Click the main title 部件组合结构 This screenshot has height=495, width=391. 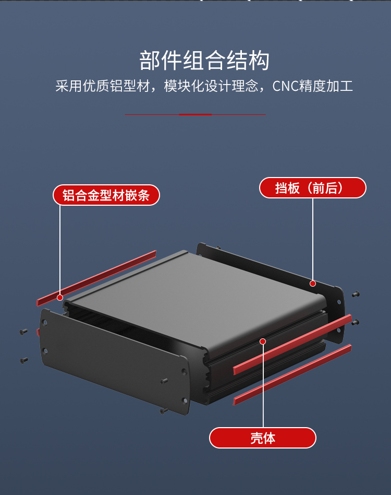click(x=204, y=61)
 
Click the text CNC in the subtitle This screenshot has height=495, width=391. click(x=286, y=86)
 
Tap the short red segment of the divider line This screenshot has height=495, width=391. click(x=195, y=114)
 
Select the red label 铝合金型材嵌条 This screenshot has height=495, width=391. click(x=106, y=195)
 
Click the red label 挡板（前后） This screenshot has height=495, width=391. click(x=312, y=188)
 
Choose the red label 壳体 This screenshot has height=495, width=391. click(x=263, y=438)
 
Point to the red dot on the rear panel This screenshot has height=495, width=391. click(x=313, y=284)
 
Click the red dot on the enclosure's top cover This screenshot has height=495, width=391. click(x=263, y=341)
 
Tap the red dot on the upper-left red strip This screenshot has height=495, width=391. click(x=60, y=297)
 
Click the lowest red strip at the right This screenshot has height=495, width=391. click(x=292, y=374)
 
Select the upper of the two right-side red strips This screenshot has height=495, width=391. click(x=292, y=345)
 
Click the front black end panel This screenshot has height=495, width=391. click(x=112, y=360)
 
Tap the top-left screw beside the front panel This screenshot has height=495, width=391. click(x=23, y=331)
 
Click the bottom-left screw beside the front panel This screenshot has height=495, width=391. click(x=23, y=360)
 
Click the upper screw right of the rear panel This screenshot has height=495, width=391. click(x=356, y=294)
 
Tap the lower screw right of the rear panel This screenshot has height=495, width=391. click(x=356, y=322)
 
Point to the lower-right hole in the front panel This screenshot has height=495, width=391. click(x=184, y=400)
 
